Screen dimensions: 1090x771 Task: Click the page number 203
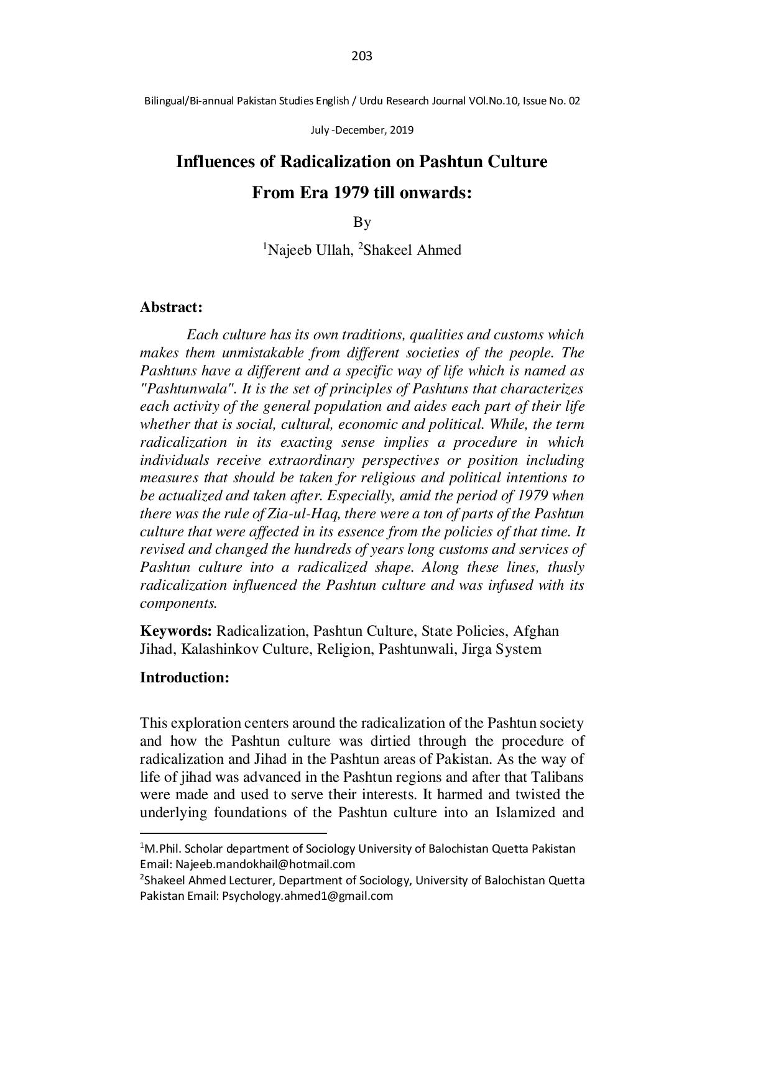tap(362, 57)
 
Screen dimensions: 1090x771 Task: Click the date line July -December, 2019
tap(362, 131)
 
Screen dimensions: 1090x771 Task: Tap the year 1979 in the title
tap(351, 193)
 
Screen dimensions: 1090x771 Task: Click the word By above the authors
tap(362, 222)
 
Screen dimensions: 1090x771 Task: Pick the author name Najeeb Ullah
tap(308, 251)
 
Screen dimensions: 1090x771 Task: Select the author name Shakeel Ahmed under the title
tap(412, 251)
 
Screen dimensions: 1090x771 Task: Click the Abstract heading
tap(171, 308)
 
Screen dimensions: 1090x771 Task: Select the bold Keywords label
tap(177, 631)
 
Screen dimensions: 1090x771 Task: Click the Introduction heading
tap(185, 677)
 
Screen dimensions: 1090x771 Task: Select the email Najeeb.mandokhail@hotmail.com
tap(265, 864)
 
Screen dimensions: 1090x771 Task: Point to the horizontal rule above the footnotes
tap(233, 833)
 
